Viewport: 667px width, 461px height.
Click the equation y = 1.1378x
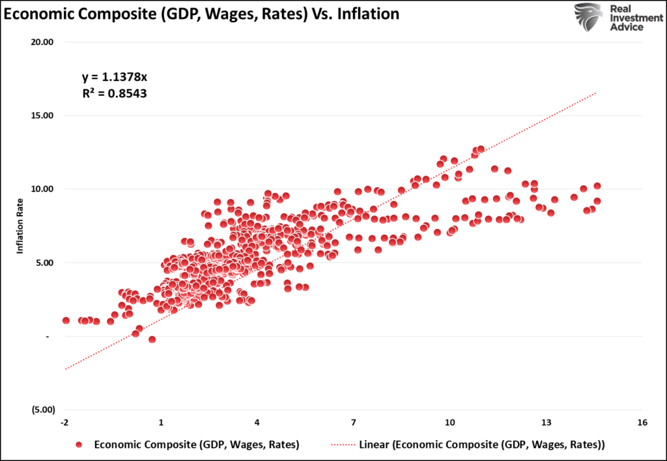[x=114, y=78]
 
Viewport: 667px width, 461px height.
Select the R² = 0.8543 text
[x=114, y=93]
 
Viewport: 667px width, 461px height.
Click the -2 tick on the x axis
[x=65, y=423]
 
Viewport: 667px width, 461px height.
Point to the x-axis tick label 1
[x=161, y=423]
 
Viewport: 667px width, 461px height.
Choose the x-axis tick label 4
[x=257, y=423]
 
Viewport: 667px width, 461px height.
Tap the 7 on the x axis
[x=354, y=423]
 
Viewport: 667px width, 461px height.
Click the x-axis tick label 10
[x=450, y=423]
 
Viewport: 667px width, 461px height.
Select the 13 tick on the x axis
[x=546, y=423]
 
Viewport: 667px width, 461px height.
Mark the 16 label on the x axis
[x=642, y=423]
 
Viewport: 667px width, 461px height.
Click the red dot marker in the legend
[x=79, y=445]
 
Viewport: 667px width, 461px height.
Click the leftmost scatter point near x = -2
[x=66, y=320]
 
